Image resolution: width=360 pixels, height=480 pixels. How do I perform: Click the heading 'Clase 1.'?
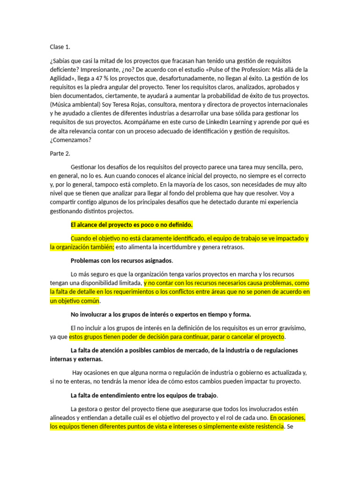[x=60, y=47]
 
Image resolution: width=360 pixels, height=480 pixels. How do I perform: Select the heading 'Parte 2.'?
[x=60, y=153]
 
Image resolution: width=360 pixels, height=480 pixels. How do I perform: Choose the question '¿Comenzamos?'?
[x=71, y=140]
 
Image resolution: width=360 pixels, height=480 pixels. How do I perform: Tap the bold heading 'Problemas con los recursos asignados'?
[x=121, y=261]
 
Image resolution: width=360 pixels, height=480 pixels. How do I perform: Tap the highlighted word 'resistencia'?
[x=266, y=426]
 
